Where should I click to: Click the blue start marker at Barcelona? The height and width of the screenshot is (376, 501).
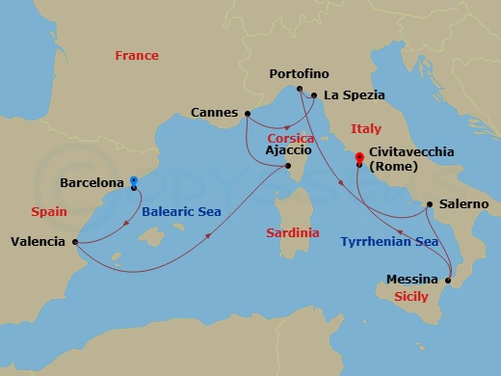tap(133, 179)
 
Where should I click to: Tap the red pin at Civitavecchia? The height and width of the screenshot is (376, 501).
tap(358, 156)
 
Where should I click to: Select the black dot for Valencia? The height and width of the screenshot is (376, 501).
tap(74, 241)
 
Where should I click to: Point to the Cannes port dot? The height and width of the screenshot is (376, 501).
tap(248, 112)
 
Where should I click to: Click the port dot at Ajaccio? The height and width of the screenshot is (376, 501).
tap(287, 166)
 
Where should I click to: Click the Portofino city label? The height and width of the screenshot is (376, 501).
tap(299, 74)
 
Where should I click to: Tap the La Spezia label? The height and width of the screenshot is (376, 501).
tap(355, 94)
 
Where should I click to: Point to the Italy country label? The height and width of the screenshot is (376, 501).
tap(366, 128)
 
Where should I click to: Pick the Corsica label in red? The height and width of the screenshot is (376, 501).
tap(292, 138)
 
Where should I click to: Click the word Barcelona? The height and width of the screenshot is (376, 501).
tap(92, 181)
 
